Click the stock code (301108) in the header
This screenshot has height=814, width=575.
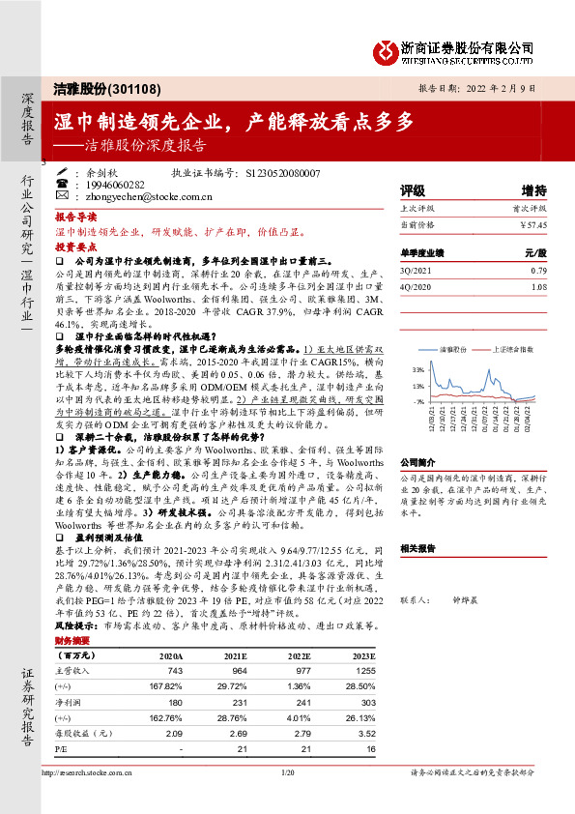(x=133, y=89)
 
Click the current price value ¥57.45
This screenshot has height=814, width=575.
(x=533, y=223)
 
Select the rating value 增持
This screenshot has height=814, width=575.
(x=533, y=190)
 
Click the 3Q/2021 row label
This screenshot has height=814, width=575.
(x=416, y=270)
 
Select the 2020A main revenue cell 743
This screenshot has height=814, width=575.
(x=175, y=671)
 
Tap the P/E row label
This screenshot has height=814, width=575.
(x=62, y=747)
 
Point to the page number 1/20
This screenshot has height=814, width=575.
(x=286, y=773)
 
